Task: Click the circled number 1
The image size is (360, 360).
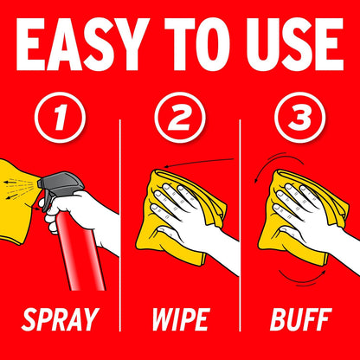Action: [60, 118]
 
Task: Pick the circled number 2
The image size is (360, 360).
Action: [180, 118]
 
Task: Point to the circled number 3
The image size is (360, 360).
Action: [300, 118]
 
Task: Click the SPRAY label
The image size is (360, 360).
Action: [60, 319]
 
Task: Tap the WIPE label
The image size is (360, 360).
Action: [180, 319]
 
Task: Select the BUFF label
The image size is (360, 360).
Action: [300, 319]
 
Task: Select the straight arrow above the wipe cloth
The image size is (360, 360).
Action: [198, 163]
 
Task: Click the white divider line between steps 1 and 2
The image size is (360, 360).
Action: [120, 226]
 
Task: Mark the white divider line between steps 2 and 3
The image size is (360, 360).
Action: [240, 226]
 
